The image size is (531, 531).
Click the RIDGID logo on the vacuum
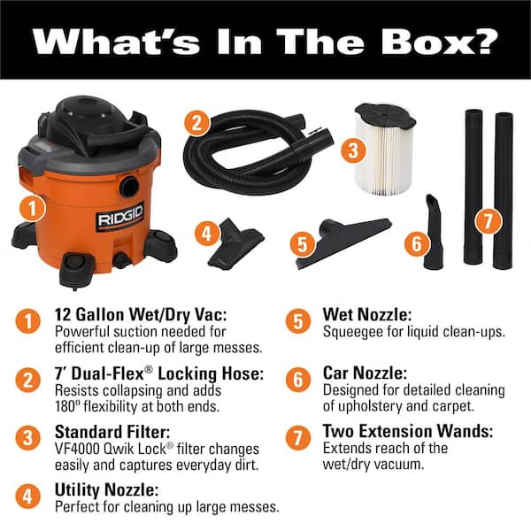point(120,217)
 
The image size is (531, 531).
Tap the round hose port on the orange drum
point(129,187)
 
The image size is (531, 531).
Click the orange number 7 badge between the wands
point(488,221)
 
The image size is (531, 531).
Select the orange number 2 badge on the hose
point(196,123)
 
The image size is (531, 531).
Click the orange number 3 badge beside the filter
point(353,150)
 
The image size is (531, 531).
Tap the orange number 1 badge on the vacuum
point(33,209)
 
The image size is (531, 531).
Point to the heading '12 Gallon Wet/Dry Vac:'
point(141,314)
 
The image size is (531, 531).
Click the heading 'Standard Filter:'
point(112,432)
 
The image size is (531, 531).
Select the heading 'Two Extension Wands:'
point(408,431)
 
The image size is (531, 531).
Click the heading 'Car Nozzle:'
point(365,373)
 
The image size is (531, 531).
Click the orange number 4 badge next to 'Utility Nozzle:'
point(27,496)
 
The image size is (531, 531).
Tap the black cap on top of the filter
point(385,114)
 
